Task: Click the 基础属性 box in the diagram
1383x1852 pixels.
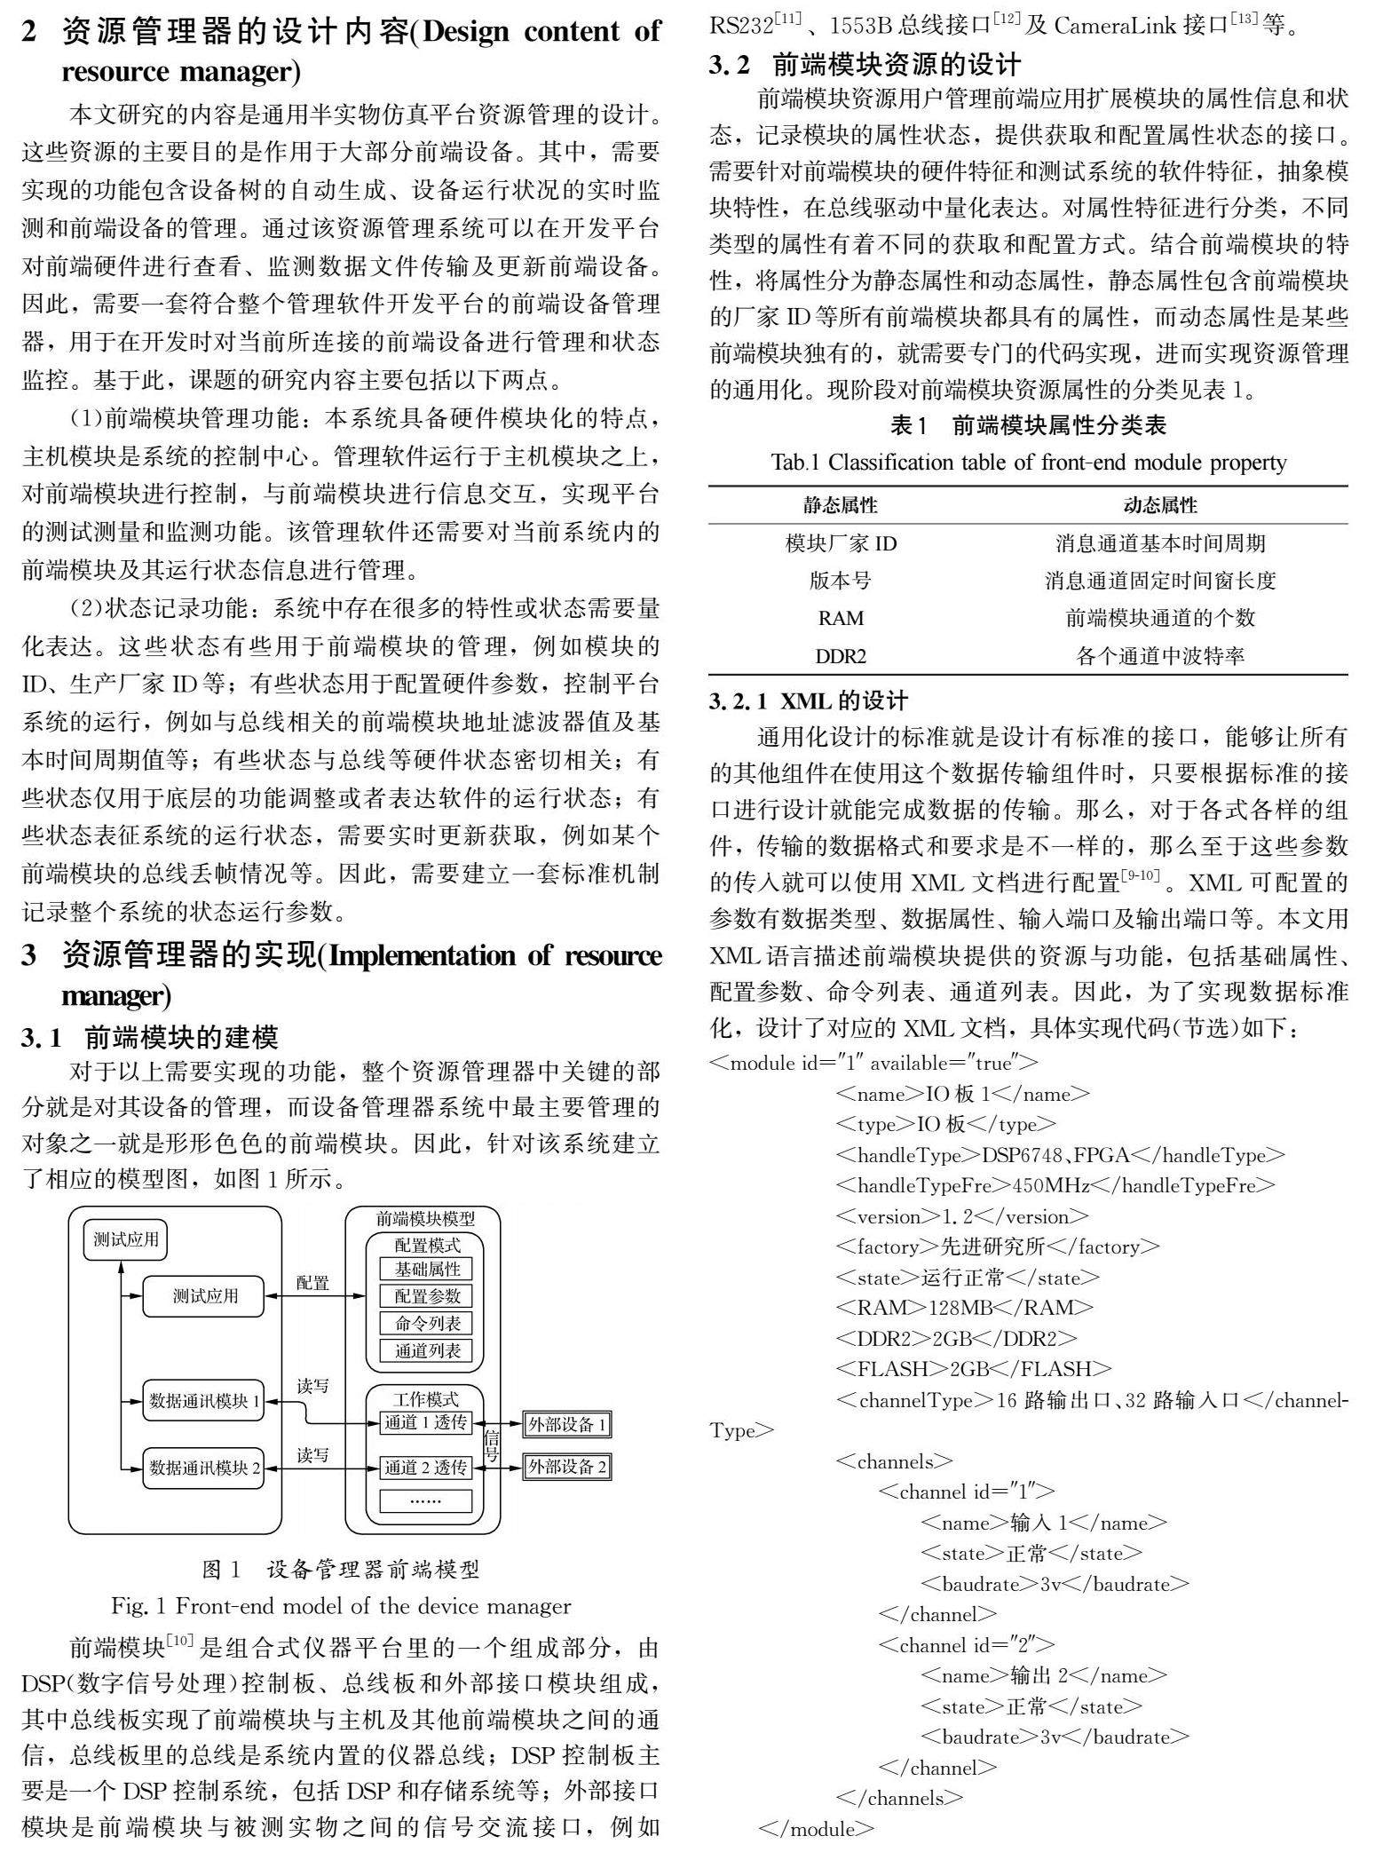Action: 428,1269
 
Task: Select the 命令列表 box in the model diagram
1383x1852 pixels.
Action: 428,1323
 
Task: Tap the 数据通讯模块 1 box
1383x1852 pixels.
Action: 204,1401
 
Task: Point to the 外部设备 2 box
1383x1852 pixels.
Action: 567,1467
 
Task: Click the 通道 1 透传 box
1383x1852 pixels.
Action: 425,1422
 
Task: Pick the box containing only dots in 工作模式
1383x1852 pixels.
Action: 425,1500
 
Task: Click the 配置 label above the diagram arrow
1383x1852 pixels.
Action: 312,1283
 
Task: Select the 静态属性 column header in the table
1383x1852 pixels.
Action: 840,506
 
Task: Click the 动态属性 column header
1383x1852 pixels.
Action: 1160,506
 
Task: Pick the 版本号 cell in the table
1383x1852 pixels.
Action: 840,581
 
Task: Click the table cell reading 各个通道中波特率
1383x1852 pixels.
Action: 1160,656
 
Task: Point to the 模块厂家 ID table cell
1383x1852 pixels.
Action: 840,543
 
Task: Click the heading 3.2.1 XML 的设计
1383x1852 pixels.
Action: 808,701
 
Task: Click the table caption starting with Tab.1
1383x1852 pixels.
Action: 1028,463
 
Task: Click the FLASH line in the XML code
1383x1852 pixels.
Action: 974,1368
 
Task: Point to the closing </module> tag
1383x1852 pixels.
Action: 817,1829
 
